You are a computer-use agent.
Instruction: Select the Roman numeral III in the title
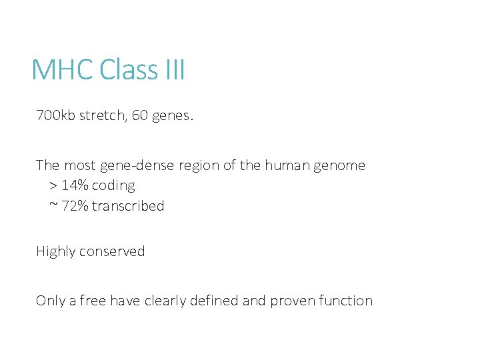point(174,70)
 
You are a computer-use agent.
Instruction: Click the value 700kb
point(56,116)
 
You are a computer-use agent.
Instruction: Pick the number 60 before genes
point(140,116)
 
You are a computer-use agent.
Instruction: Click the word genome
point(341,166)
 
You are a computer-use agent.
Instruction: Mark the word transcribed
point(128,206)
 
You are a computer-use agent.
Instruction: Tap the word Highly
point(56,252)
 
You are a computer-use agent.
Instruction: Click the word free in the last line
point(93,301)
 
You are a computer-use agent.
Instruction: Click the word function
point(346,301)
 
